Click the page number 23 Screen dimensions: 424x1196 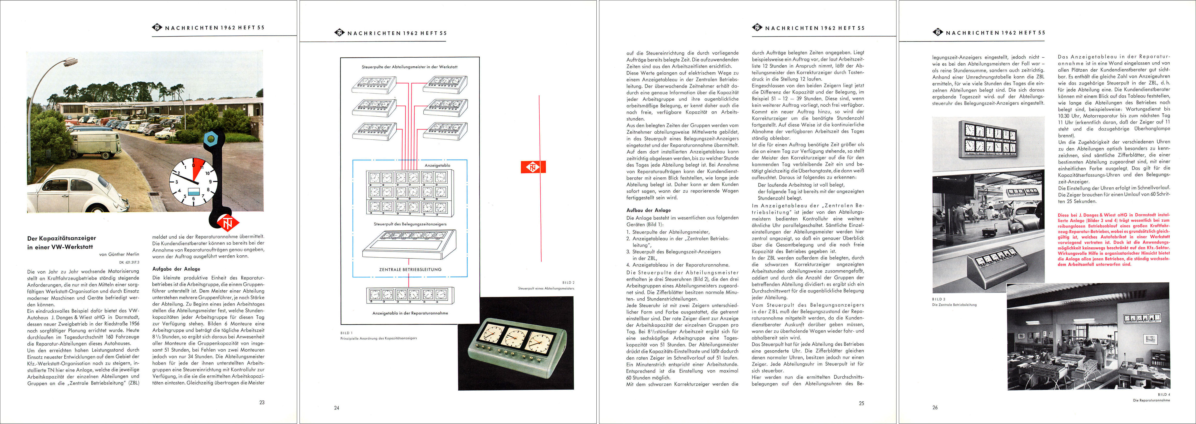pyautogui.click(x=262, y=402)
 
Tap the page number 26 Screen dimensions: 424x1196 pyautogui.click(x=935, y=407)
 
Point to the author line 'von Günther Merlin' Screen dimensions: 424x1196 pyautogui.click(x=119, y=254)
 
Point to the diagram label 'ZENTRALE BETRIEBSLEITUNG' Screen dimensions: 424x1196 pyautogui.click(x=410, y=269)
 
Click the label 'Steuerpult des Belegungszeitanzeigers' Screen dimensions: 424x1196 pyautogui.click(x=410, y=224)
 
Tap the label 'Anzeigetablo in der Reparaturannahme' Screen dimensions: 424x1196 pyautogui.click(x=410, y=313)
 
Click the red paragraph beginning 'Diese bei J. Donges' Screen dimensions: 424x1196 pyautogui.click(x=1113, y=239)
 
